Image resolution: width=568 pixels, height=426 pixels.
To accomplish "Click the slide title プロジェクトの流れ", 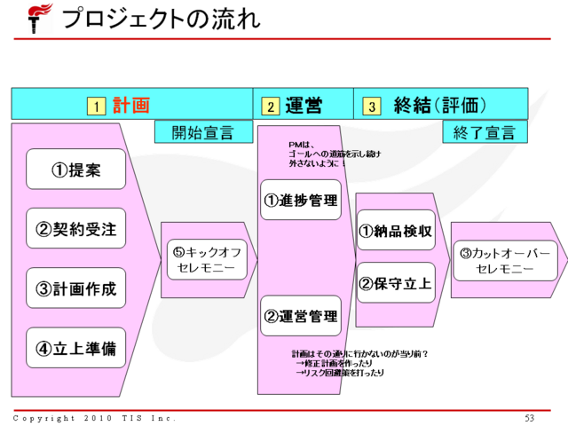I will coord(161,18).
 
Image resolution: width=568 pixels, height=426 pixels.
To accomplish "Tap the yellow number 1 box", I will coord(95,106).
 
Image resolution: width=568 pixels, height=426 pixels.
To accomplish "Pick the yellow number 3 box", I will coord(372,106).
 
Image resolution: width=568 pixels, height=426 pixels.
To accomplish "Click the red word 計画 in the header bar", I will coord(130,106).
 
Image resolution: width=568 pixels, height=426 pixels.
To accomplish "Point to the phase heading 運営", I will coord(303,106).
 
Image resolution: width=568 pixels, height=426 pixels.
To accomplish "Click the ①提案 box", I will coord(75,170).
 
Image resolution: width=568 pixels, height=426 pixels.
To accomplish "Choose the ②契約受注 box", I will coord(75,229).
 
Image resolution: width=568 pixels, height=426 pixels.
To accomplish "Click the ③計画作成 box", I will coord(75,288).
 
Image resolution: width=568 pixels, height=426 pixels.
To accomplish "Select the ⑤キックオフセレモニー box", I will coord(206,259).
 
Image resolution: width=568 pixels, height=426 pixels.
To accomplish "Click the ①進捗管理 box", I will coord(301,200).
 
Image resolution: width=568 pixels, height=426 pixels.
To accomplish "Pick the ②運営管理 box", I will coord(301,316).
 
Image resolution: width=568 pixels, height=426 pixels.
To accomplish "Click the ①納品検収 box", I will coord(396,231).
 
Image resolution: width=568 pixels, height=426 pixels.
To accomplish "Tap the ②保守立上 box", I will coord(396,283).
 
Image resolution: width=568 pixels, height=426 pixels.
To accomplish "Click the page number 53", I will coord(530,418).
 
